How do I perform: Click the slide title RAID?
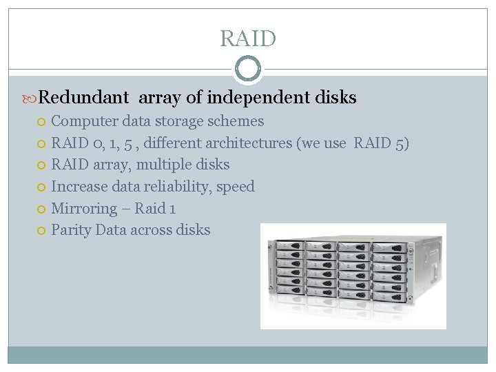click(248, 39)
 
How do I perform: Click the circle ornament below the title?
click(248, 69)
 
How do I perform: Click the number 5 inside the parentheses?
click(402, 143)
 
